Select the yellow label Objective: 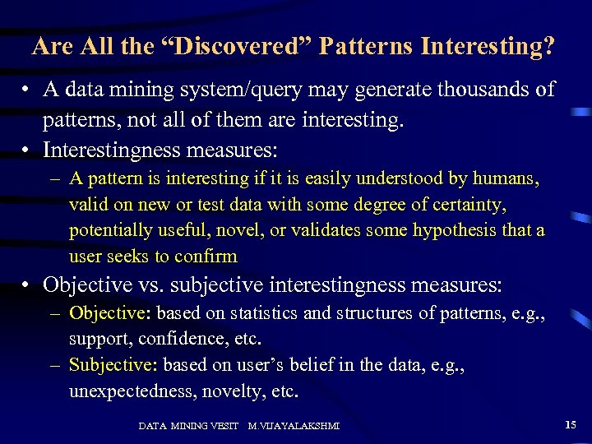point(110,313)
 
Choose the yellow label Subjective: point(113,365)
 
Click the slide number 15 point(571,424)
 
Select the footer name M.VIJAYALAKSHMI point(294,425)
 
